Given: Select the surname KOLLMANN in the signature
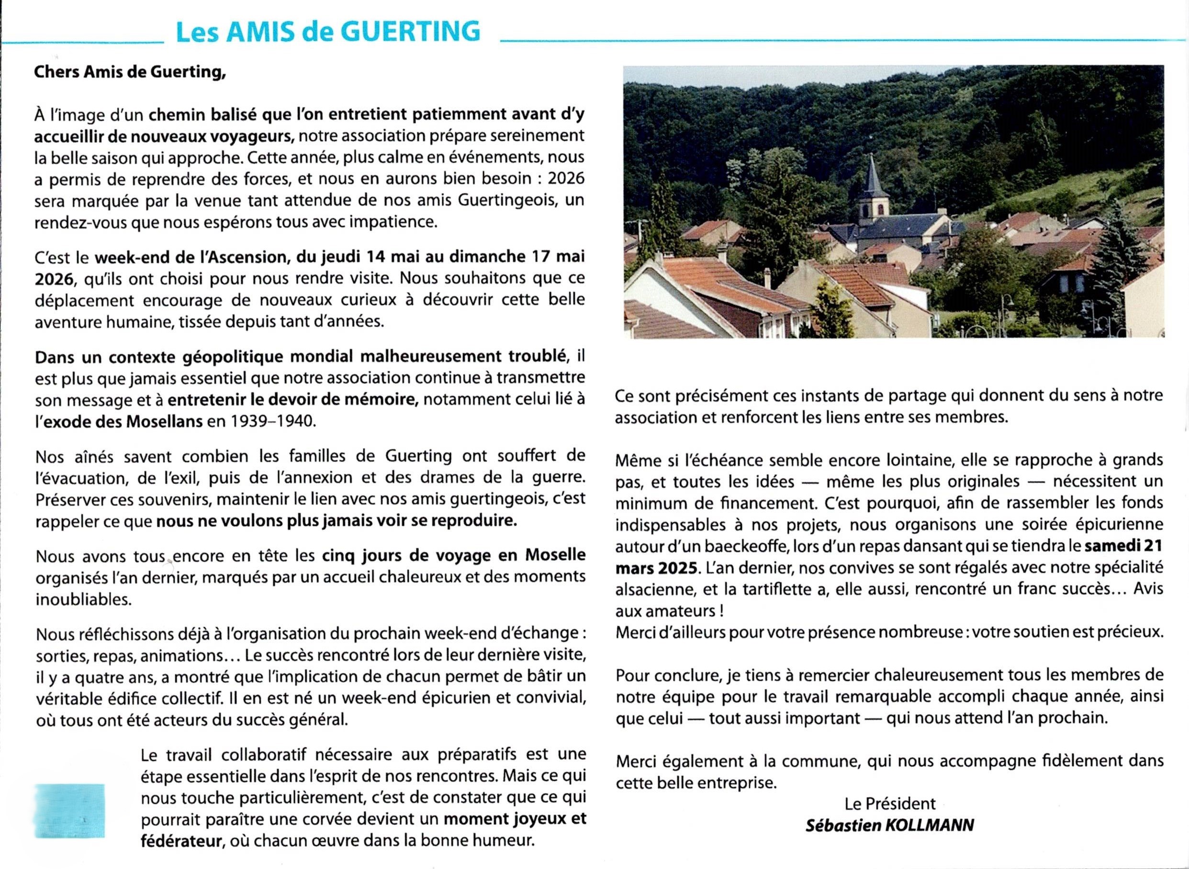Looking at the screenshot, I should point(930,825).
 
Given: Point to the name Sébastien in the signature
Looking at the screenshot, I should point(843,825).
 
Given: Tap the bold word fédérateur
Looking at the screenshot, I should point(180,841).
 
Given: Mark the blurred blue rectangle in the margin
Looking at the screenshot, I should point(69,811).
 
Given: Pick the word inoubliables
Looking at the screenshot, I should point(83,599).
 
